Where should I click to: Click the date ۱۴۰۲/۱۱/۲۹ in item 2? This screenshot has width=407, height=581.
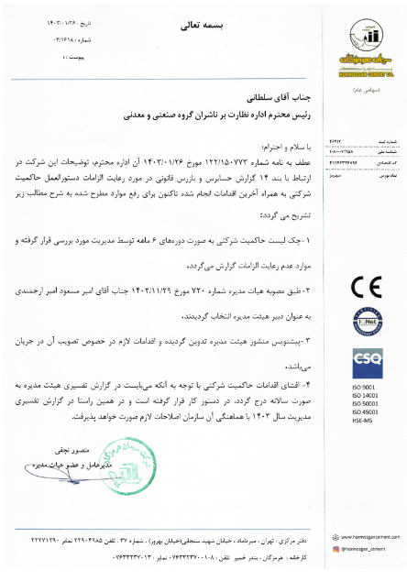pyautogui.click(x=160, y=289)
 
